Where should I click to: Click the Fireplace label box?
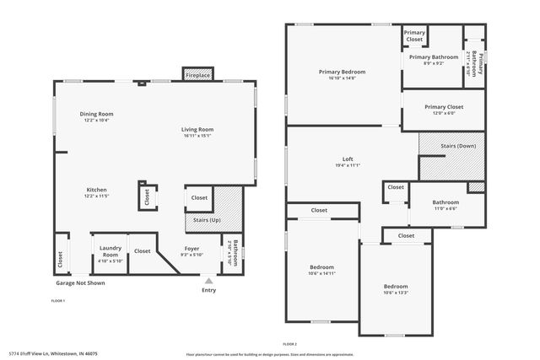point(198,76)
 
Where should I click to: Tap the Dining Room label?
point(96,114)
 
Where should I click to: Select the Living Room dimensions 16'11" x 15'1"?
point(197,135)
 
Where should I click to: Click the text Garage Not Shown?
point(81,283)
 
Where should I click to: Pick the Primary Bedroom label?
point(343,72)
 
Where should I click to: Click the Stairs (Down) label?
point(458,146)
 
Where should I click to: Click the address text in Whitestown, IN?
point(54,354)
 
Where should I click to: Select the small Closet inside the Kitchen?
point(147,196)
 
